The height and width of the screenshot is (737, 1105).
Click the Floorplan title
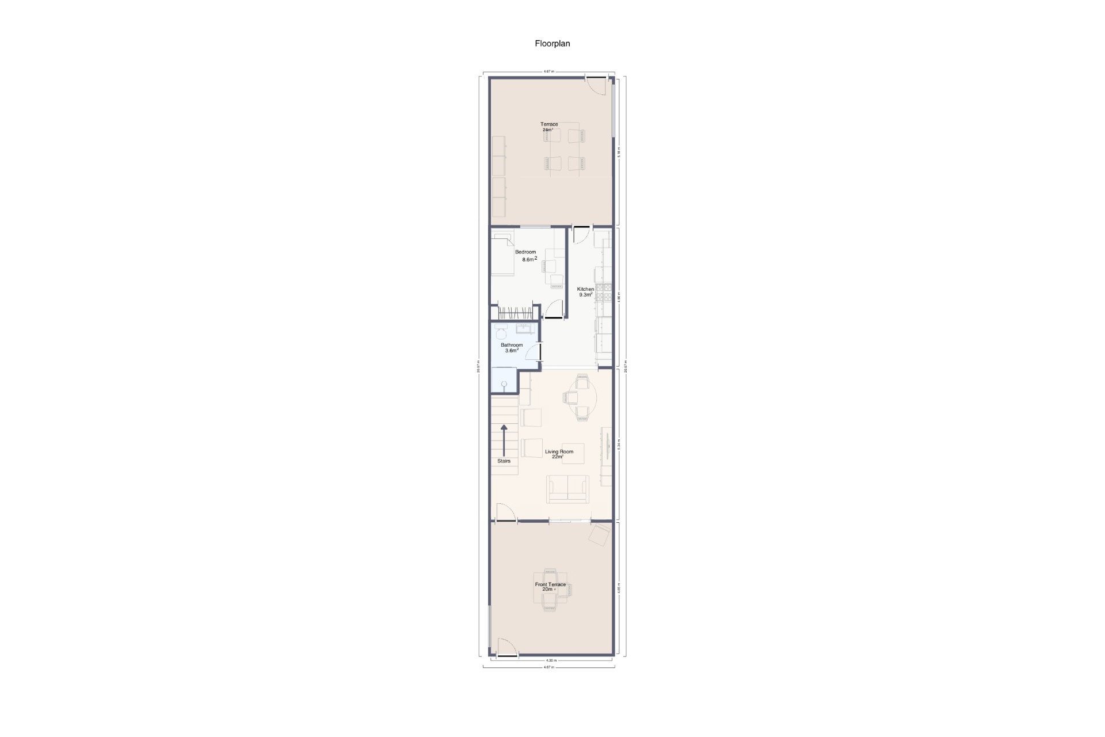[552, 43]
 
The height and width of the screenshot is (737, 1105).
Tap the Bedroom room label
[525, 252]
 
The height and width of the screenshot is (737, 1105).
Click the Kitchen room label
[585, 289]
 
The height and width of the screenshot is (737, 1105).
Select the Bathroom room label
[512, 345]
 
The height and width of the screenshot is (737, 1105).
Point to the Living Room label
[559, 451]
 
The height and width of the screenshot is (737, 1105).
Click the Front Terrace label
[550, 584]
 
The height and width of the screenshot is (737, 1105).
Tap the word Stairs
[504, 461]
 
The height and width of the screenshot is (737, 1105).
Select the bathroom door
[535, 352]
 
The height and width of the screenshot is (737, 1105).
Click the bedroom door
[554, 310]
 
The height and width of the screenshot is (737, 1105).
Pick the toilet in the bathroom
[500, 332]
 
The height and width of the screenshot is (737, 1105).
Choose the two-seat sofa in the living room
[567, 489]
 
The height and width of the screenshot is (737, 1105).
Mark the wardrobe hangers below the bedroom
[516, 313]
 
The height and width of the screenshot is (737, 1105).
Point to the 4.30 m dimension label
[550, 660]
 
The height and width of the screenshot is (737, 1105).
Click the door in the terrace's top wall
[596, 84]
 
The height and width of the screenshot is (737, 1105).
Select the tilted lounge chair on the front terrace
[599, 535]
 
